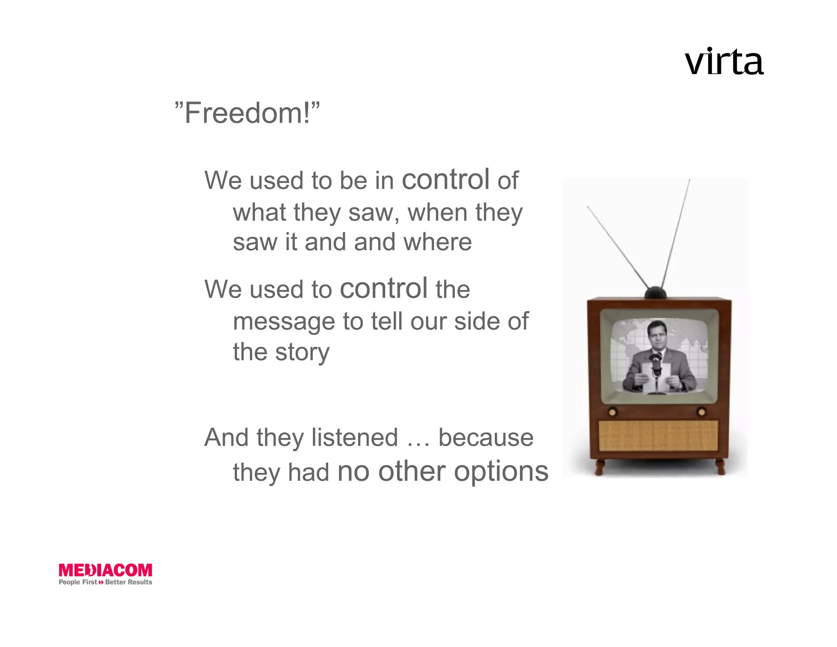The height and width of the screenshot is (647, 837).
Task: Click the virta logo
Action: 724,63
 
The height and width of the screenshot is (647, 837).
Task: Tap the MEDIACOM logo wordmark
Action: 105,570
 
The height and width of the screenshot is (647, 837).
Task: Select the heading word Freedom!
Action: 247,113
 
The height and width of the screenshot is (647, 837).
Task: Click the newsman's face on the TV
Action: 657,335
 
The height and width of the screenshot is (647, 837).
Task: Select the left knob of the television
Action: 612,412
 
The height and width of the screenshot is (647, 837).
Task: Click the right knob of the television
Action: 701,412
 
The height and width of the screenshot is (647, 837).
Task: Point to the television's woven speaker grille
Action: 658,436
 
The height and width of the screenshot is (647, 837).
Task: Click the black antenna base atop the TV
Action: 655,293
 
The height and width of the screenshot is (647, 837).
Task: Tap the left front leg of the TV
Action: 600,467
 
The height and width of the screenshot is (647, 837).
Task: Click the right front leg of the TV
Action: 721,467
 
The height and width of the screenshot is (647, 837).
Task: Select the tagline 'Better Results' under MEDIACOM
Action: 128,582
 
